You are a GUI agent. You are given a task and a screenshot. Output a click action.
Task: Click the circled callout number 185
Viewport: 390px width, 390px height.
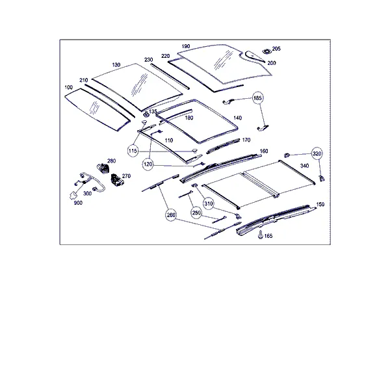[257, 98]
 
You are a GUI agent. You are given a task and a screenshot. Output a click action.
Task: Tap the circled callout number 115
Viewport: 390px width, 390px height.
[133, 151]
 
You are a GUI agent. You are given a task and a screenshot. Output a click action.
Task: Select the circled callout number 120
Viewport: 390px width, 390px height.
[148, 164]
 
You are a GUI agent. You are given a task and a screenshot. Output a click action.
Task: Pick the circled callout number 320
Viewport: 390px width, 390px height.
[317, 153]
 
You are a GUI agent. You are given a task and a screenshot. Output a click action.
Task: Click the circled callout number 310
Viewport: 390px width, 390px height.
[209, 204]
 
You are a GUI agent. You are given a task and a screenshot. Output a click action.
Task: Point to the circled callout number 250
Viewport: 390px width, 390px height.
[196, 213]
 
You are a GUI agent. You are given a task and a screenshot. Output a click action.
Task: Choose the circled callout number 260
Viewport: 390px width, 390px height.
[171, 215]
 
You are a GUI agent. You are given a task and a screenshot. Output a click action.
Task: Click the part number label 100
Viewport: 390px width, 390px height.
[68, 87]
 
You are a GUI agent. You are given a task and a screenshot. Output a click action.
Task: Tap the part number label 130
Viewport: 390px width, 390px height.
[116, 65]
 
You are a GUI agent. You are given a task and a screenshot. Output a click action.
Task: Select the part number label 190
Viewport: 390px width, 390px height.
[186, 46]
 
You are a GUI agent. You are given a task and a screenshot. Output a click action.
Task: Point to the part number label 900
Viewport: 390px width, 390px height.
[78, 203]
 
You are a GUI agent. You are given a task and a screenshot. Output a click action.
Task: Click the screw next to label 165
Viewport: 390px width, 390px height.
[261, 235]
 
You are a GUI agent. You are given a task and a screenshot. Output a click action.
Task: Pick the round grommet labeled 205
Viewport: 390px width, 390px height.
[267, 51]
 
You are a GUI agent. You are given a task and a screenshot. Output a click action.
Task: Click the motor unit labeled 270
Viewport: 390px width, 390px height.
[117, 180]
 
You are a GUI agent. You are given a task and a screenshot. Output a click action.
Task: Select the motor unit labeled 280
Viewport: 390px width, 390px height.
[103, 168]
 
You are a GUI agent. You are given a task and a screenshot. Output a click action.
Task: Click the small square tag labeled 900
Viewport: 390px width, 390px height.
[73, 195]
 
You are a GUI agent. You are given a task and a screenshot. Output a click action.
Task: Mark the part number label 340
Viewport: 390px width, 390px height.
[305, 166]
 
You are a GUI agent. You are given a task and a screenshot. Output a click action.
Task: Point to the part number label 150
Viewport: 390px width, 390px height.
[320, 204]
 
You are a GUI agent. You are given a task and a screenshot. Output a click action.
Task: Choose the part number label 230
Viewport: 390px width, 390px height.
[148, 60]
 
